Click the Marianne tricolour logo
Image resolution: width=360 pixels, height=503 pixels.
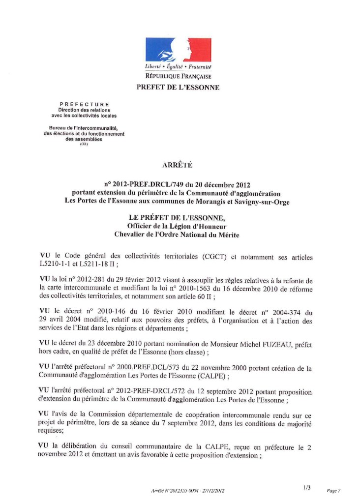[x=178, y=50]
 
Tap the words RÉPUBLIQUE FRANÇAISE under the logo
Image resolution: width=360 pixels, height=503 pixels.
[x=178, y=77]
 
